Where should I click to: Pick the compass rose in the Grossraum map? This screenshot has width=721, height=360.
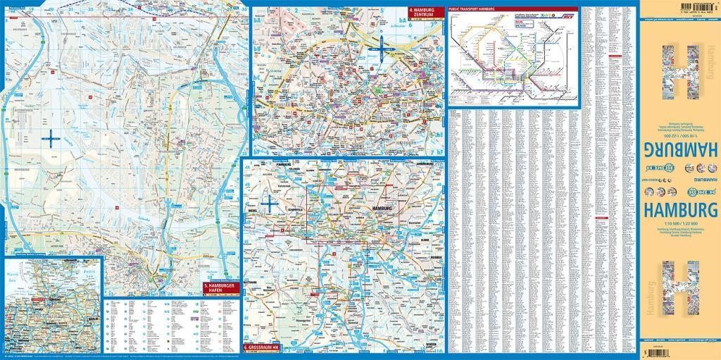pos(268,204)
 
